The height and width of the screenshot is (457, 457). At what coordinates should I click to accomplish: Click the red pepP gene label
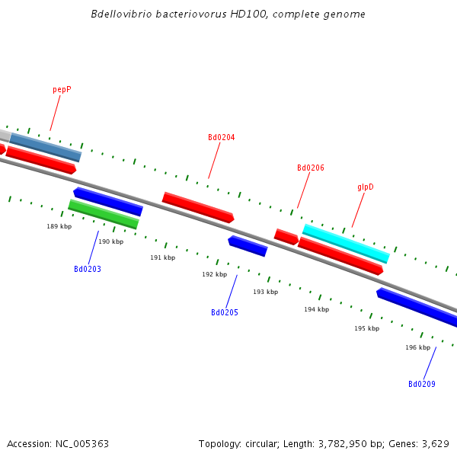[x=62, y=90]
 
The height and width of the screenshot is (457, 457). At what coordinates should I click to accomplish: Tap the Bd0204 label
[x=221, y=138]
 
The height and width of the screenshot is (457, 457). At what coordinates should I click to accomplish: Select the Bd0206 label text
[x=310, y=168]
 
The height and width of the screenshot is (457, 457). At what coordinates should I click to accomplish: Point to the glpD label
[x=365, y=187]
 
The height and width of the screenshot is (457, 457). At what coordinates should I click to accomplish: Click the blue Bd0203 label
[x=87, y=270]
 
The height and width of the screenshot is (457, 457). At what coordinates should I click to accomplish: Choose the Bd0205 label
[x=224, y=313]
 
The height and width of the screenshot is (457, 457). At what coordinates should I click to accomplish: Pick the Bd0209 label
[x=421, y=385]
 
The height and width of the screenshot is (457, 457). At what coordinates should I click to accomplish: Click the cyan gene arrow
[x=346, y=244]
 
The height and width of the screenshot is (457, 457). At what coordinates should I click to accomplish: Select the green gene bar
[x=104, y=214]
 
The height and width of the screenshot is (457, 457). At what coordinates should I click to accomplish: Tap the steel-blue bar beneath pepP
[x=46, y=147]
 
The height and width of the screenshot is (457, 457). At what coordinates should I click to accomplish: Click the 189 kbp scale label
[x=59, y=227]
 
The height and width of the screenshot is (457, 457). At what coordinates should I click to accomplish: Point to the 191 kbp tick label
[x=162, y=258]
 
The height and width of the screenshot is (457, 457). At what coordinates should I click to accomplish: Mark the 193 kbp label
[x=265, y=292]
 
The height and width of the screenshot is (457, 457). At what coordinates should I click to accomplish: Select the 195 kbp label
[x=366, y=329]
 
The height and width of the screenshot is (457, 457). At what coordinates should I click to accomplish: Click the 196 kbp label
[x=417, y=348]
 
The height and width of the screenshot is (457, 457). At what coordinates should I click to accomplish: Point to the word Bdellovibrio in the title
[x=117, y=14]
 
